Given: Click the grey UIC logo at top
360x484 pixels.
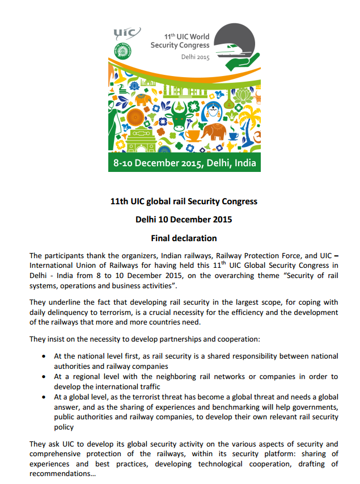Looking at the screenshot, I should pos(125,33).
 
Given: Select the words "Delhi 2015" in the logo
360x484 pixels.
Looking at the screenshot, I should pos(195,57).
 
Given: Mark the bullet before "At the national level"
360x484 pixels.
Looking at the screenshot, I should pos(44,356).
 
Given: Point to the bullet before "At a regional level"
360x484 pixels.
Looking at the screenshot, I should pos(44,377).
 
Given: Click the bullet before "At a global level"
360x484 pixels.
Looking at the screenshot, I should pos(44,397).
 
